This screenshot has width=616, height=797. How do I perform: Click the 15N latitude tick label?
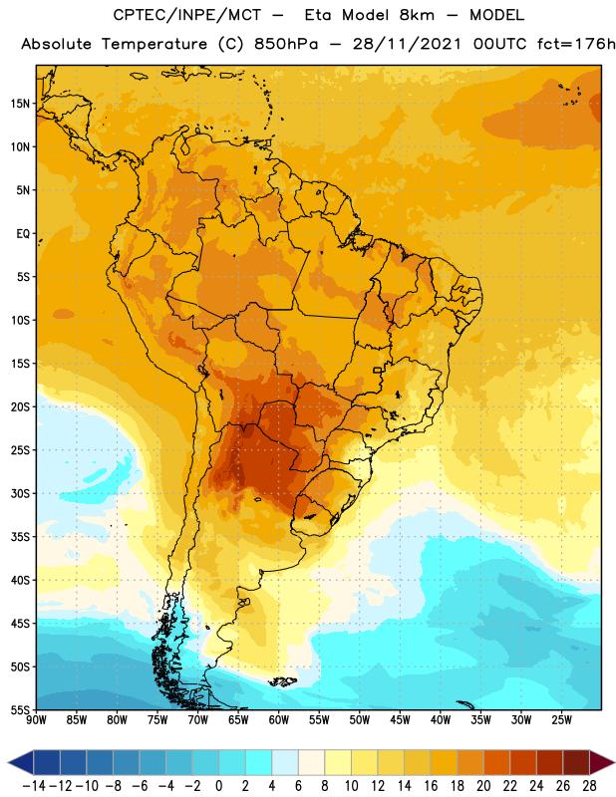(x=19, y=104)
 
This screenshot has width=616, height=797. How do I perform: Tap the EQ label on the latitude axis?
(x=23, y=234)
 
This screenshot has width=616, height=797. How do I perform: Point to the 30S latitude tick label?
(x=19, y=494)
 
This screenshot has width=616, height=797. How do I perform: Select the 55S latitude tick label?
(x=19, y=710)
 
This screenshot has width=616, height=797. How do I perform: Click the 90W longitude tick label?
(x=36, y=720)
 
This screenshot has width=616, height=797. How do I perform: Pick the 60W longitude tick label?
(x=279, y=720)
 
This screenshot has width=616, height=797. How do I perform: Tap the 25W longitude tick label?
(x=561, y=720)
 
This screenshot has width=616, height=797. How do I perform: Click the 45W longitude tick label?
(x=401, y=720)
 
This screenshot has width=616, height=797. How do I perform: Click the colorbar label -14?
(x=34, y=786)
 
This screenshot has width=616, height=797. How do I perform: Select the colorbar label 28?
(x=589, y=786)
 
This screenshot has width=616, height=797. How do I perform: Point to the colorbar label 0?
(x=218, y=786)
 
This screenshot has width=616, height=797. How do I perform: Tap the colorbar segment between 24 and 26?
(x=550, y=763)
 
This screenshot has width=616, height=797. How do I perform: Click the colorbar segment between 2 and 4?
(x=259, y=763)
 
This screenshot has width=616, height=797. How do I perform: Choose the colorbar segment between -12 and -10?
(x=74, y=763)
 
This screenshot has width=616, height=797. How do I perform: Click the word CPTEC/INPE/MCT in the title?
(x=187, y=15)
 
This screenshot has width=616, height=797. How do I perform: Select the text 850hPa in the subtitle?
(x=286, y=44)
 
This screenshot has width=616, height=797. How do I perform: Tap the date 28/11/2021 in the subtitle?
(x=407, y=44)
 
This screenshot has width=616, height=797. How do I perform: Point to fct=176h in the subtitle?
(x=576, y=44)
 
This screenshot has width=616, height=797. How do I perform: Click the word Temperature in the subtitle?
(x=154, y=44)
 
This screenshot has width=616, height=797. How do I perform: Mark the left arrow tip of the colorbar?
(x=8, y=763)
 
